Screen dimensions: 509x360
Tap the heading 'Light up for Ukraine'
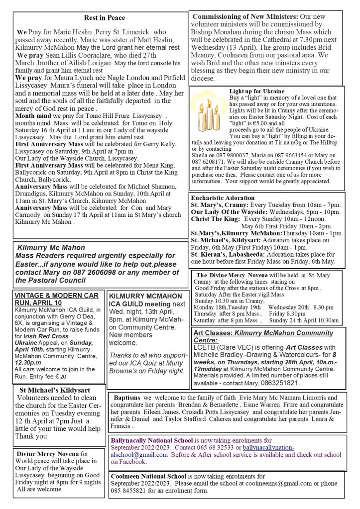tap(256, 92)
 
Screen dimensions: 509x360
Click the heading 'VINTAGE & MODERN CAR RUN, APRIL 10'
tap(56, 299)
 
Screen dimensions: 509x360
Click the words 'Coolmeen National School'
tap(148, 476)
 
